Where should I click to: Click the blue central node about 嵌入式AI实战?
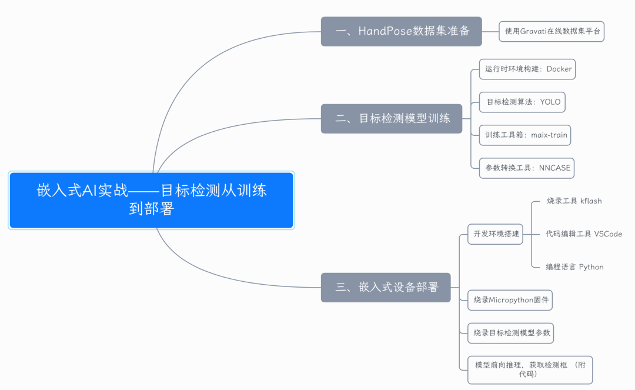pyautogui.click(x=152, y=200)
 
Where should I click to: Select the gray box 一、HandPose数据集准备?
pyautogui.click(x=401, y=31)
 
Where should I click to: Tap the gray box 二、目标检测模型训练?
pyautogui.click(x=392, y=118)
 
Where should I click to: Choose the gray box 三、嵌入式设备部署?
pyautogui.click(x=386, y=288)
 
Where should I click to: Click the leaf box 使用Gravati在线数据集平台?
pyautogui.click(x=552, y=31)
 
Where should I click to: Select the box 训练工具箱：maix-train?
pyautogui.click(x=525, y=135)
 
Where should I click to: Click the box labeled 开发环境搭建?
pyautogui.click(x=495, y=234)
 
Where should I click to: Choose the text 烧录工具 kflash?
pyautogui.click(x=574, y=201)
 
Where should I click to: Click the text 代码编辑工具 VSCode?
pyautogui.click(x=583, y=234)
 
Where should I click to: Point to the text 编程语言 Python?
pyautogui.click(x=574, y=266)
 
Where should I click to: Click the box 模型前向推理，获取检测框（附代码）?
pyautogui.click(x=530, y=370)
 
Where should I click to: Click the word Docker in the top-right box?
pyautogui.click(x=559, y=69)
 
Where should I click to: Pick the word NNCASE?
pyautogui.click(x=554, y=168)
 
